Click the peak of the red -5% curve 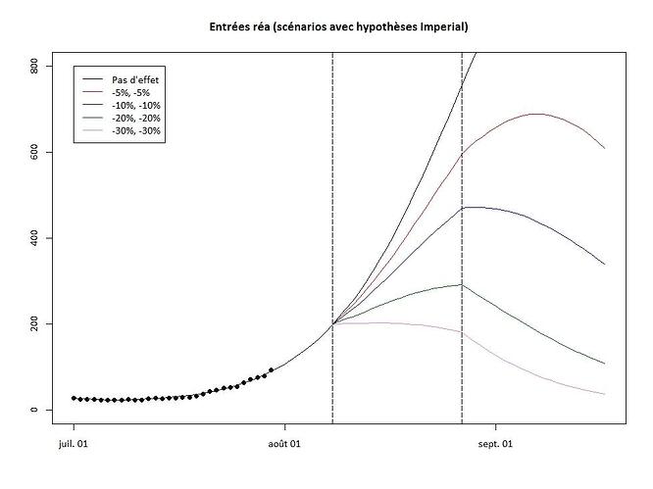pyautogui.click(x=536, y=114)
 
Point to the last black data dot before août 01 pyautogui.click(x=271, y=370)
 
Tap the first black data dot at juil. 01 pyautogui.click(x=74, y=398)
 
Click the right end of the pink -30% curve pyautogui.click(x=605, y=394)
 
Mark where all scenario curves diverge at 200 pyautogui.click(x=333, y=323)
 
